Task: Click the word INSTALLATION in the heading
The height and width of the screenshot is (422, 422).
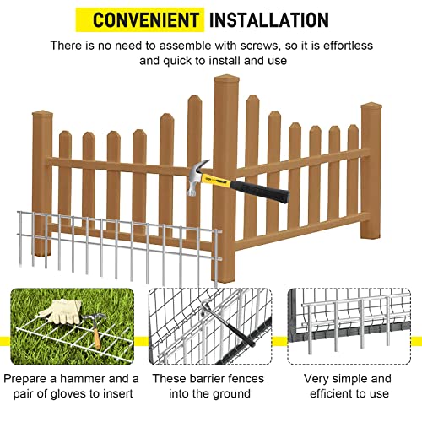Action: pyautogui.click(x=268, y=19)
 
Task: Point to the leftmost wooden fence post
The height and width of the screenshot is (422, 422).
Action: pyautogui.click(x=43, y=169)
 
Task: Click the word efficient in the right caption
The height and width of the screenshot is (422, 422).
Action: pyautogui.click(x=325, y=394)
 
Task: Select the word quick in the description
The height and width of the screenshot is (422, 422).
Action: pyautogui.click(x=175, y=61)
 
